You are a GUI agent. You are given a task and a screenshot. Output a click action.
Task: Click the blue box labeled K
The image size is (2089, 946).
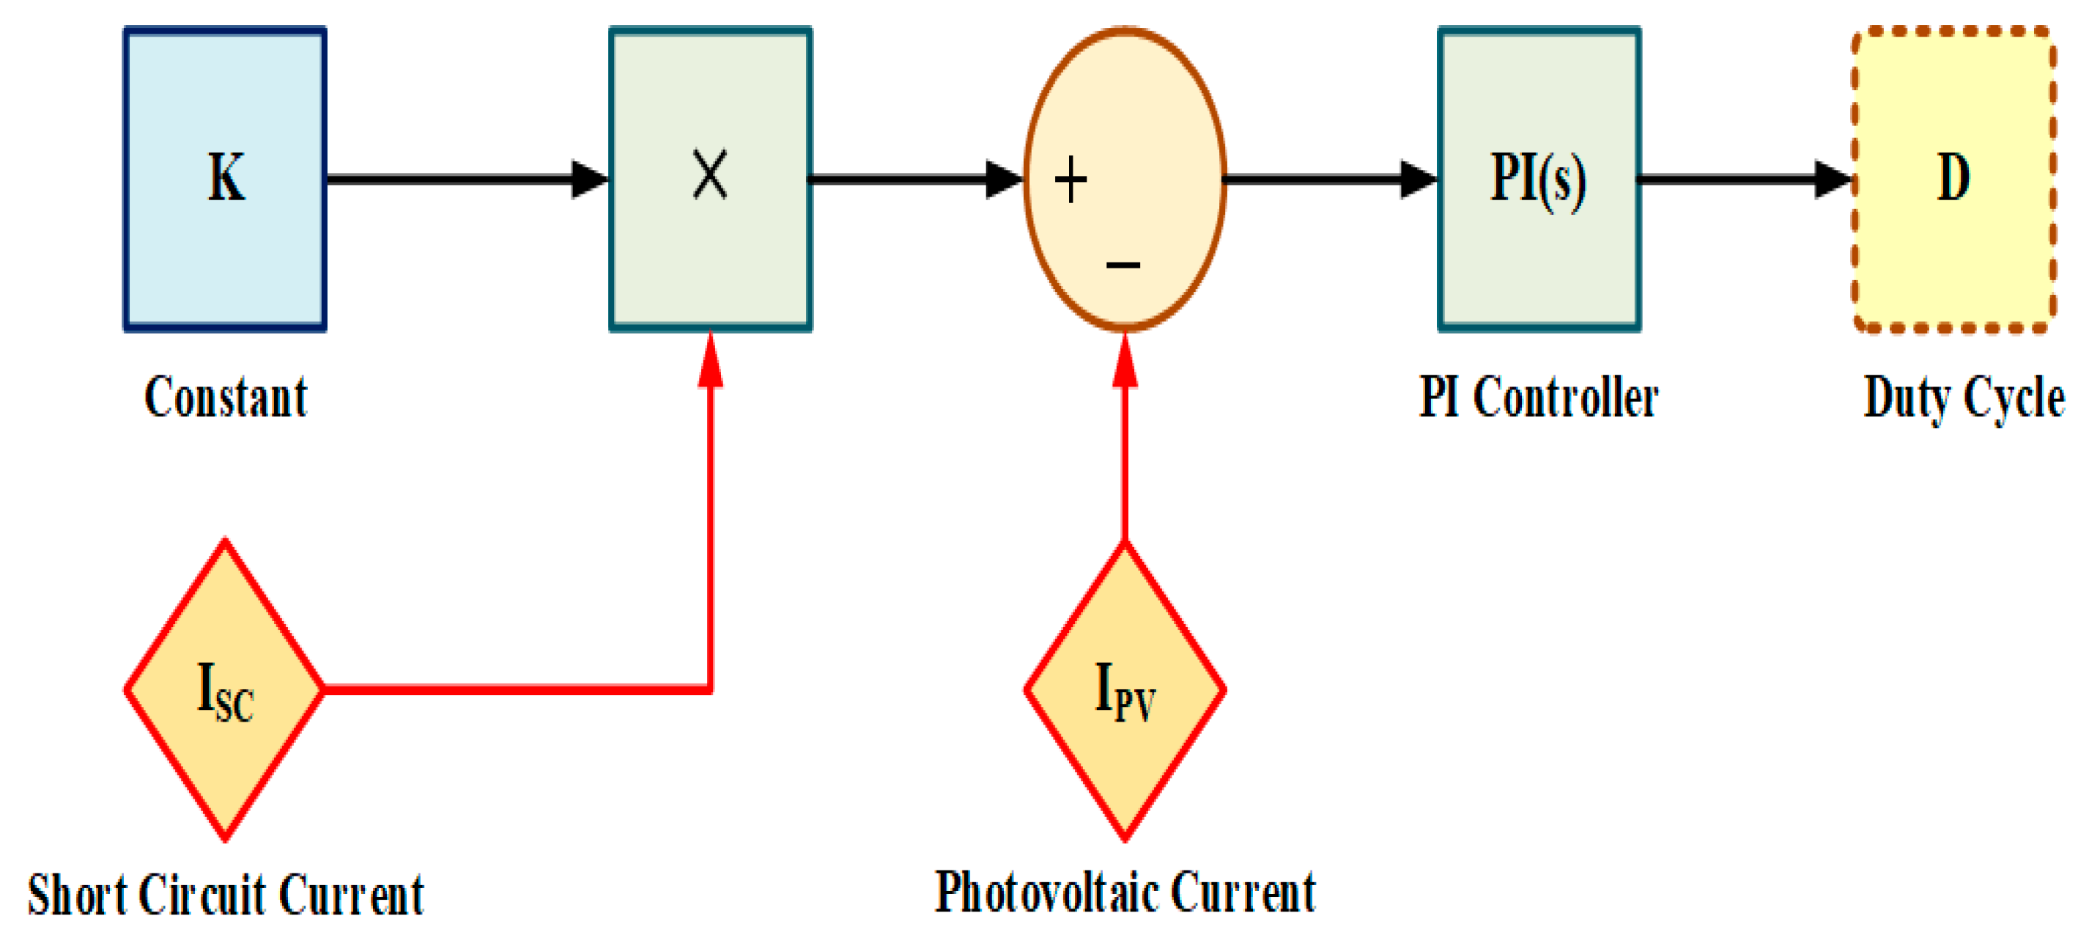(225, 178)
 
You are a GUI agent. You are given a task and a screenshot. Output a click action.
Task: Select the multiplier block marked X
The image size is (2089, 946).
(711, 178)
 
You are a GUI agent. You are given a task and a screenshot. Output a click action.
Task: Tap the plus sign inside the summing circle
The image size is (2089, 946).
(1071, 180)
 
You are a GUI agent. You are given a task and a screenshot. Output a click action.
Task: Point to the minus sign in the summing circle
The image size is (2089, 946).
(1123, 265)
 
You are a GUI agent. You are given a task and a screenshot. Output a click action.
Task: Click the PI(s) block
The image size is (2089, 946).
(1539, 178)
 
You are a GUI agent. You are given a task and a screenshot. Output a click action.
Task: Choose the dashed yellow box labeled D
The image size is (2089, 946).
(1953, 178)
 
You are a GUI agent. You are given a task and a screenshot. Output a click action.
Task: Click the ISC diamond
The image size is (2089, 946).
(225, 689)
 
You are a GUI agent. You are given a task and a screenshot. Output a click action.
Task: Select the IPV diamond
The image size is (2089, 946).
(1125, 689)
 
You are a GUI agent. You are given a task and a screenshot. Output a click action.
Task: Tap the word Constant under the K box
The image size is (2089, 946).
(226, 397)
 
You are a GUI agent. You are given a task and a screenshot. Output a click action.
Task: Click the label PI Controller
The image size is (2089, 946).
(1539, 397)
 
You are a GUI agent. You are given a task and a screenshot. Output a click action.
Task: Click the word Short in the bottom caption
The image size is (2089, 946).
(78, 894)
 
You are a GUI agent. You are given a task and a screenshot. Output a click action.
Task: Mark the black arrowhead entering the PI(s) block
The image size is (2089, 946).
(1419, 178)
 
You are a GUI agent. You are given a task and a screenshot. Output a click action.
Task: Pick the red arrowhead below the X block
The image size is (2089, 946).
(711, 362)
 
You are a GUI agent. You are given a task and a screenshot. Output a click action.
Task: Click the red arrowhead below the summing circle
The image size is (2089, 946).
(1125, 362)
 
